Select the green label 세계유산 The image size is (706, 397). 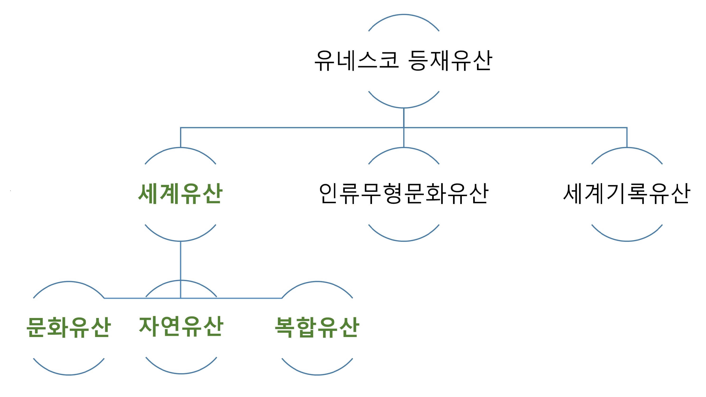click(180, 194)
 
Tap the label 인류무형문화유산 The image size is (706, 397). click(403, 194)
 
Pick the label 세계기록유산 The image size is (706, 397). click(626, 194)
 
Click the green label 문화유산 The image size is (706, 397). click(68, 327)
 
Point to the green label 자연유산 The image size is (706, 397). click(181, 327)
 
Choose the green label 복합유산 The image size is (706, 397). click(317, 327)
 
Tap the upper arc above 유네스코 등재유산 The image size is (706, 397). click(403, 15)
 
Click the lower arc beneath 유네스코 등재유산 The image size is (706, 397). click(403, 107)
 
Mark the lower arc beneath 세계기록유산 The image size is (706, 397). click(627, 241)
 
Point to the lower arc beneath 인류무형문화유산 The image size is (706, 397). click(403, 241)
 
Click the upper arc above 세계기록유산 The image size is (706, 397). click(627, 148)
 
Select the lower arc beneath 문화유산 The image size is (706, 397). click(68, 374)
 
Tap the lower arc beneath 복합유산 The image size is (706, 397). click(317, 374)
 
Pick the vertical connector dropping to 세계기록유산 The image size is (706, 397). click(627, 137)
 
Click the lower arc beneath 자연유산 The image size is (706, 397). click(181, 373)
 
